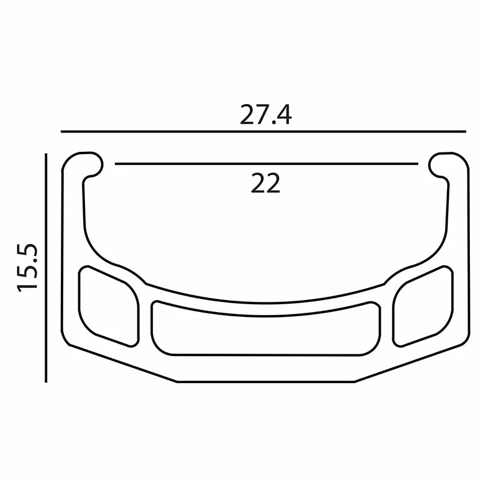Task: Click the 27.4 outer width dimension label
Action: [x=266, y=114]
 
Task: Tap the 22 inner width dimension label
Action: [x=266, y=183]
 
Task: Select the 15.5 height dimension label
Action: [x=27, y=268]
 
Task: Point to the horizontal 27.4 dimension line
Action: [x=263, y=131]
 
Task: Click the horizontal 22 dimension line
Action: [x=266, y=164]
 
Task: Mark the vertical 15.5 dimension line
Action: [x=46, y=268]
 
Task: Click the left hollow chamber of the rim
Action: [x=108, y=307]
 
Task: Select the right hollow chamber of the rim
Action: [x=423, y=307]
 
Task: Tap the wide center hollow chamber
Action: [x=266, y=328]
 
